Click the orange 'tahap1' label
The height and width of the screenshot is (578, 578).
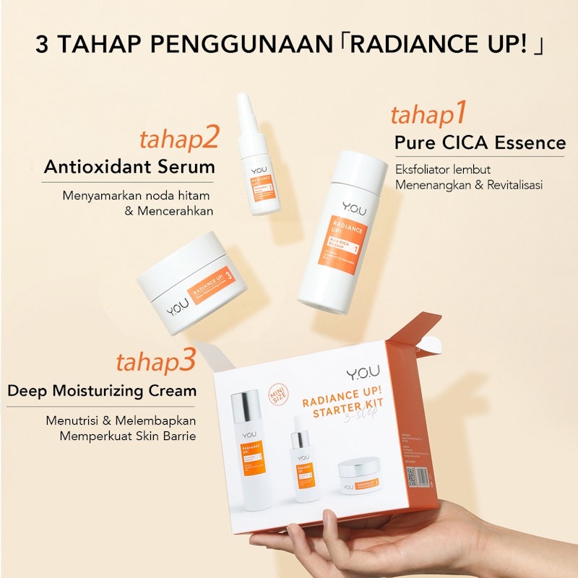tap(429, 116)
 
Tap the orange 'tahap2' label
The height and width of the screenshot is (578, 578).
tap(178, 138)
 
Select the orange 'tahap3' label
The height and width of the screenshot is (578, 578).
tap(156, 361)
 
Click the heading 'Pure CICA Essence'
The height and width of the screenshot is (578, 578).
tap(480, 142)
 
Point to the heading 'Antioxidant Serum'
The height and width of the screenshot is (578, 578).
tap(129, 167)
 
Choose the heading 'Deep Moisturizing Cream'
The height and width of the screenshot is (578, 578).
tap(102, 391)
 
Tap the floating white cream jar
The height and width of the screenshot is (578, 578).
tap(192, 282)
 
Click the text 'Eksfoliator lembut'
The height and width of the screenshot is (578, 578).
tap(443, 170)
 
